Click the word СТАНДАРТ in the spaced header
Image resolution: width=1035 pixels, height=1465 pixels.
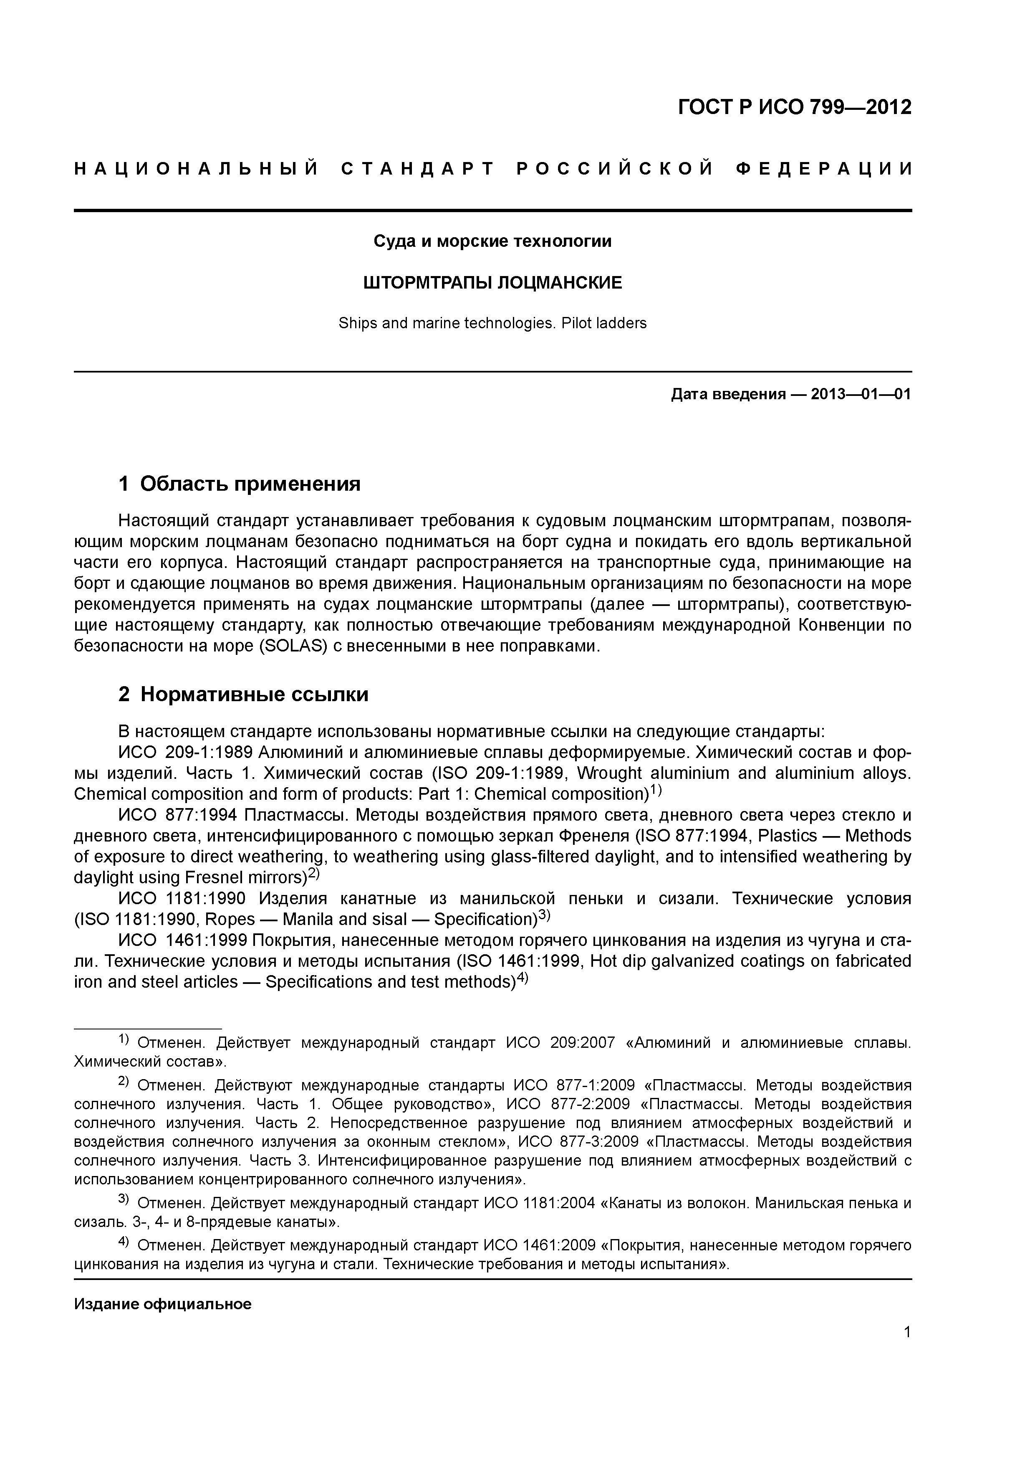pyautogui.click(x=418, y=169)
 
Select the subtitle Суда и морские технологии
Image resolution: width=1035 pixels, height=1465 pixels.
pyautogui.click(x=492, y=241)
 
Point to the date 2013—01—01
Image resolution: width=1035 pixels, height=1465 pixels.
pyautogui.click(x=861, y=394)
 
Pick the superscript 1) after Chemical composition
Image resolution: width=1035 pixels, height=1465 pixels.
pyautogui.click(x=656, y=791)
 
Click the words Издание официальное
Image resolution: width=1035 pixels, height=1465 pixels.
pyautogui.click(x=163, y=1304)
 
